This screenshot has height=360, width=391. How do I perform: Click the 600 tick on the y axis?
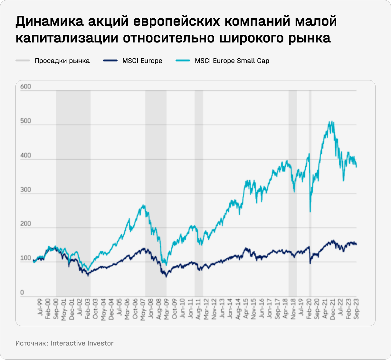(25, 87)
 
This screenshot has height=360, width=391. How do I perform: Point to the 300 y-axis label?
(25, 189)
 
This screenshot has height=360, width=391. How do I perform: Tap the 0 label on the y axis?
(22, 292)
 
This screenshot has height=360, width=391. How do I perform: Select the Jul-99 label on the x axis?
(40, 308)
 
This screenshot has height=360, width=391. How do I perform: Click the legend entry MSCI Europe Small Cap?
(232, 61)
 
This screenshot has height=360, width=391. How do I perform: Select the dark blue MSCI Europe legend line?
(110, 60)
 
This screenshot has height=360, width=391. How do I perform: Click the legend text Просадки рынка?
(62, 61)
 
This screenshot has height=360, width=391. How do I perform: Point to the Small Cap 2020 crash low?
(310, 211)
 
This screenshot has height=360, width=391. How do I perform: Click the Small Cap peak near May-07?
(143, 205)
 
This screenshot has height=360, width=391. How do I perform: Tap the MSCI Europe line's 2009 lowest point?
(166, 276)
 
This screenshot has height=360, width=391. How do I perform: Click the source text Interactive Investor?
(82, 343)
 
